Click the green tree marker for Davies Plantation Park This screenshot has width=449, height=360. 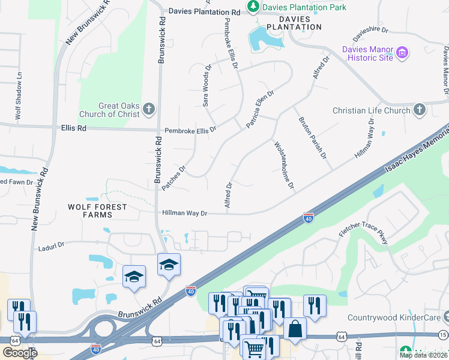[253, 8]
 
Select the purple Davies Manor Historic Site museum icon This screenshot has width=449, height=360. [403, 53]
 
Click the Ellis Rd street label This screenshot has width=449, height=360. [74, 128]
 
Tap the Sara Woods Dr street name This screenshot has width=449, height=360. [207, 86]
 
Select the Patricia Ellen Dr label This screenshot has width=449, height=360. [260, 109]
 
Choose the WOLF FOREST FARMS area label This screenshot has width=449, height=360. [97, 211]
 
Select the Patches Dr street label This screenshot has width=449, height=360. [174, 178]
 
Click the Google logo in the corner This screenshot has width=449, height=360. [20, 353]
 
